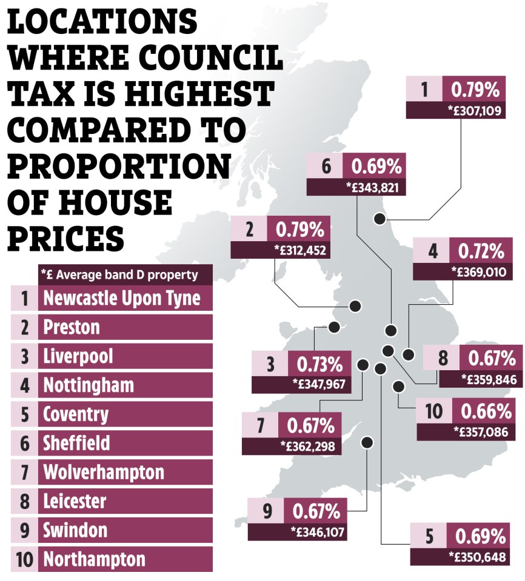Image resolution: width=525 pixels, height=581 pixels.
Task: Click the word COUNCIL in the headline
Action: point(210,58)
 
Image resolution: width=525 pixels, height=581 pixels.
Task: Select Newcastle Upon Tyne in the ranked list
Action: point(122,298)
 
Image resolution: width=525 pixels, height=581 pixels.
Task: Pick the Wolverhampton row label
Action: point(104,472)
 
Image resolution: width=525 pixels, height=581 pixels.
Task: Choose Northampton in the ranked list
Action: point(94,559)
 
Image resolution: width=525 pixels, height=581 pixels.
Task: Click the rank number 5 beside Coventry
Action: point(24,414)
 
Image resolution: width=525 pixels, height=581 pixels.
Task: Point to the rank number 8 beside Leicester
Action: point(24,502)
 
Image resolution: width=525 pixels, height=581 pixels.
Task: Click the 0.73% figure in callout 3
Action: point(319,364)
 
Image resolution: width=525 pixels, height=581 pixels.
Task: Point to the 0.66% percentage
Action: point(486,411)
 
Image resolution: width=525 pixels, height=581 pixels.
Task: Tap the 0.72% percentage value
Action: point(481,251)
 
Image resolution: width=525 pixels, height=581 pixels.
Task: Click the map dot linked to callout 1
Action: point(380,219)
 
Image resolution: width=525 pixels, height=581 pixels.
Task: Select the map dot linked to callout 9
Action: point(367,442)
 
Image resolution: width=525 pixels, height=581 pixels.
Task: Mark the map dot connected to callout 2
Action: point(355,306)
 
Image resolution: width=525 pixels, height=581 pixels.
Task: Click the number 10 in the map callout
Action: point(434,411)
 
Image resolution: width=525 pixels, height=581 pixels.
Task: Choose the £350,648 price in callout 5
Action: point(477,557)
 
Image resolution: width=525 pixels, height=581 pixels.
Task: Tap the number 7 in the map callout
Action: point(260,425)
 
